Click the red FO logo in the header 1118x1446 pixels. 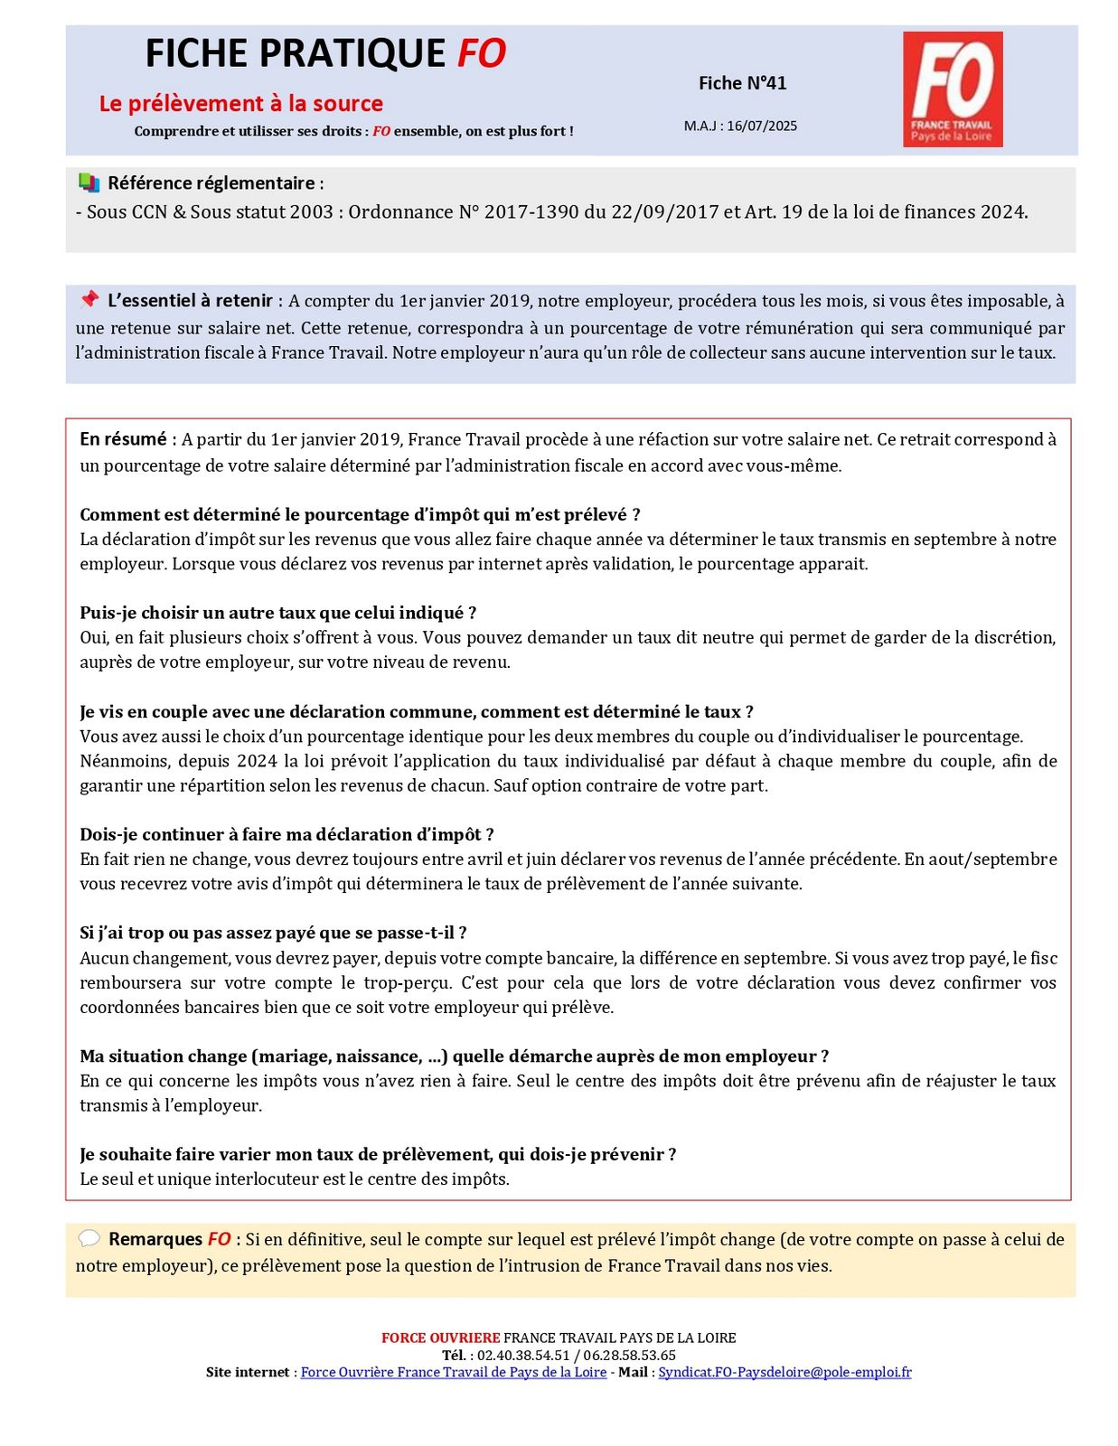[x=952, y=89]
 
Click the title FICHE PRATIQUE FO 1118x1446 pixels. [x=325, y=54]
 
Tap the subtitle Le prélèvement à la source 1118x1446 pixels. [x=240, y=104]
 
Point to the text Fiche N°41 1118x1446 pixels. [x=742, y=83]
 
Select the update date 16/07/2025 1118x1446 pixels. [x=761, y=127]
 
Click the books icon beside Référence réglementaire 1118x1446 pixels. [x=89, y=183]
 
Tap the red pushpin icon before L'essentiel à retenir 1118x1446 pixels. [x=89, y=299]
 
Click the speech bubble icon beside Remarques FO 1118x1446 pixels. [x=89, y=1238]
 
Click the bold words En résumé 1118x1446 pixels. [x=123, y=439]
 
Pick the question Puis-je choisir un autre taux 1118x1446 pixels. [x=277, y=613]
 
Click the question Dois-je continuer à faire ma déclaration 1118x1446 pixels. [x=287, y=834]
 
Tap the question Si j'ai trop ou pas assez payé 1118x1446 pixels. [x=273, y=933]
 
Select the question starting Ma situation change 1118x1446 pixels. [x=454, y=1056]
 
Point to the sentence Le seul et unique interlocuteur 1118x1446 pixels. [x=295, y=1178]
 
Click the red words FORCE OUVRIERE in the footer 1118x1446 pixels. [x=440, y=1338]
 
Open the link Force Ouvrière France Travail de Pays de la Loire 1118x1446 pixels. [x=453, y=1372]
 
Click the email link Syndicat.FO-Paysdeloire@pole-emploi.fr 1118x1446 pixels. [x=784, y=1372]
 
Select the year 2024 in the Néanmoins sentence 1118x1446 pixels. [x=257, y=761]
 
